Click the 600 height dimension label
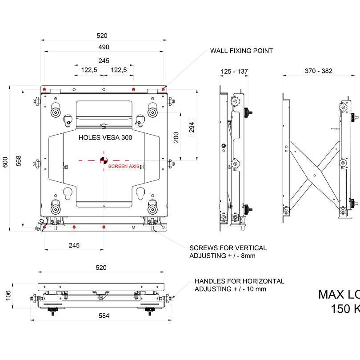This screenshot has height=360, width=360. point(6,163)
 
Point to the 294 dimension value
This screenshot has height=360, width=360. point(192,128)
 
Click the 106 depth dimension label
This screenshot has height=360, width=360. point(8,296)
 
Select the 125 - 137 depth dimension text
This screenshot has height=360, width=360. point(234,71)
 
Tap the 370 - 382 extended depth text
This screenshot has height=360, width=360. point(318,71)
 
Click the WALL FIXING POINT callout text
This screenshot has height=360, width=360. point(241,51)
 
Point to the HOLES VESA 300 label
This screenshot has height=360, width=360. point(105,138)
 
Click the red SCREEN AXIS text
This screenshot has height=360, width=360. point(124,166)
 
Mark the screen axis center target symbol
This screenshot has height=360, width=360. point(103,160)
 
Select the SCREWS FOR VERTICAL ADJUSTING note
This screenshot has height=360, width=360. point(228,252)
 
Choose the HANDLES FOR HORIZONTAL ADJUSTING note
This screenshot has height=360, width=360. point(239,285)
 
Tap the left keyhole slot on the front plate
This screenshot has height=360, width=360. point(68,194)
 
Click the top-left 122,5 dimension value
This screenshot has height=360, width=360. point(89,70)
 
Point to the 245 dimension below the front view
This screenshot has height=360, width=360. point(74,245)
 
